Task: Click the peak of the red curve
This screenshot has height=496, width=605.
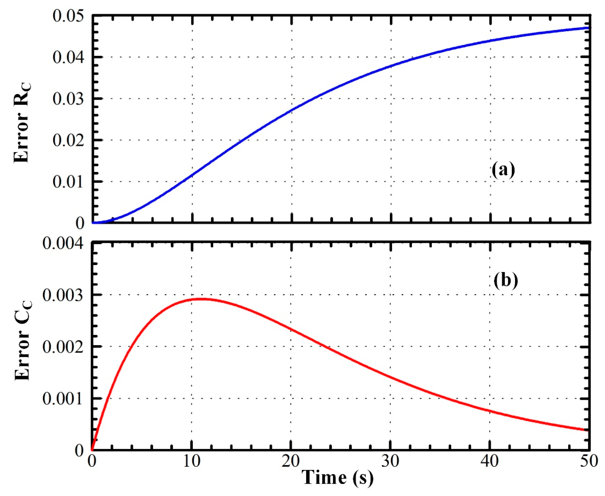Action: (x=202, y=299)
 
